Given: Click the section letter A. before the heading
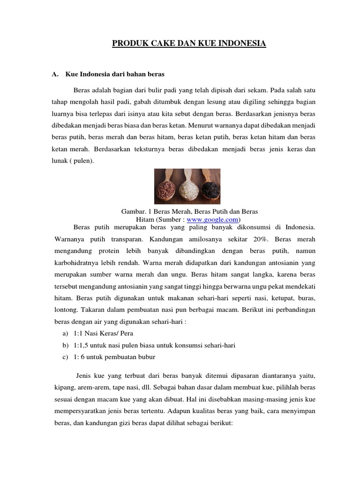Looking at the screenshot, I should coord(54,74).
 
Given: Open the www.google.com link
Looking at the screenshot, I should coord(212,219).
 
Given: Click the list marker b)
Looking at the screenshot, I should coord(65,345).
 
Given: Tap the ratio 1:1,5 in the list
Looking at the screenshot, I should coord(82,345).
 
